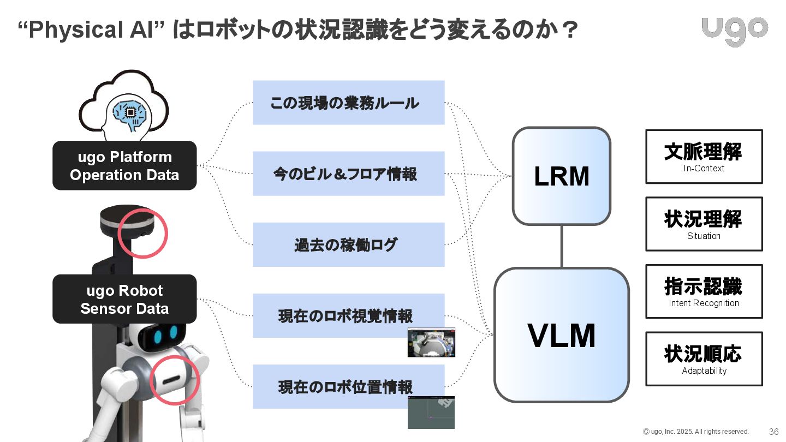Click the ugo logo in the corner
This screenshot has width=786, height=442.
point(735,31)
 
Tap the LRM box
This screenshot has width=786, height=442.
point(562,176)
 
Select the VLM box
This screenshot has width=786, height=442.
point(562,335)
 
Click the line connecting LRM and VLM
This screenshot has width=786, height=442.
point(562,246)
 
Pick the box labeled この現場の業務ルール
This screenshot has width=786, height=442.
point(348,103)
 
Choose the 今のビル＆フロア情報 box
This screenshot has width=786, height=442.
point(348,174)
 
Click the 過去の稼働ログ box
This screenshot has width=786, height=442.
point(348,244)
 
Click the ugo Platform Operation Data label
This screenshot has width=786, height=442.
point(124,165)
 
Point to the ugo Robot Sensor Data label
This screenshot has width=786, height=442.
point(124,299)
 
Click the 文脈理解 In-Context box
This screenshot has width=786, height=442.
point(704,157)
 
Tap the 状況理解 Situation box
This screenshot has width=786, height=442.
point(704,224)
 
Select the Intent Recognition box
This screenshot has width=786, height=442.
point(704,291)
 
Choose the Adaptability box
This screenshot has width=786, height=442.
point(704,359)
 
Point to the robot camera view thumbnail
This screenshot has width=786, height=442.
point(431,342)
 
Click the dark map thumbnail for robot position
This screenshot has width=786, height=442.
point(431,413)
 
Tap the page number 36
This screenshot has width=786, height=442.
point(773,432)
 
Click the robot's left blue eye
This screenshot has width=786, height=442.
point(158,336)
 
